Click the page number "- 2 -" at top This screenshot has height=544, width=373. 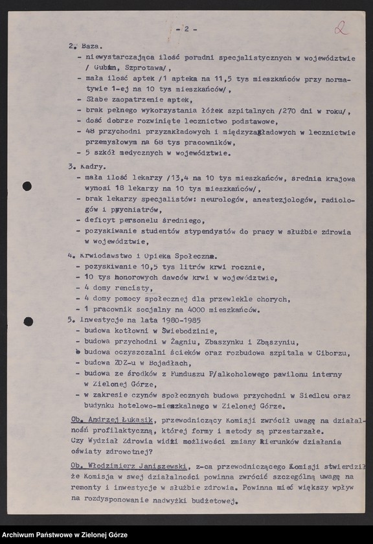tap(186, 30)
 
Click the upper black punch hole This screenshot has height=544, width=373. tap(27, 187)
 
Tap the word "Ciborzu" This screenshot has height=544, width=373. tap(331, 352)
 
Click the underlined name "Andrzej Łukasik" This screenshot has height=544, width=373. tap(121, 420)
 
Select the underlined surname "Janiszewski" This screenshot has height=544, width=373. tap(161, 466)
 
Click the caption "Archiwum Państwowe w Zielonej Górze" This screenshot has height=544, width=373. tap(64, 535)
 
